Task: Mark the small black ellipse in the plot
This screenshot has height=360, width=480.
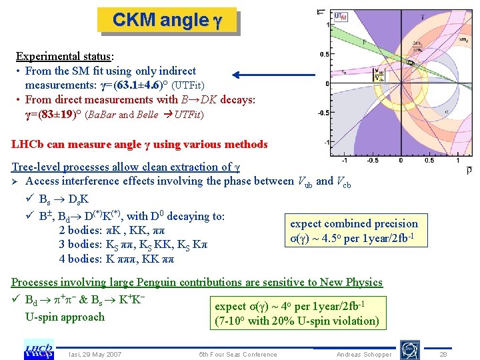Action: pyautogui.click(x=411, y=63)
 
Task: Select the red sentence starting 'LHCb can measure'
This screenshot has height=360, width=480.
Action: pyautogui.click(x=139, y=145)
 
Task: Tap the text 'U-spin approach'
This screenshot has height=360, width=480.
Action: pyautogui.click(x=65, y=317)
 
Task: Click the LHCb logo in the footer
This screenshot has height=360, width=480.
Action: pyautogui.click(x=39, y=349)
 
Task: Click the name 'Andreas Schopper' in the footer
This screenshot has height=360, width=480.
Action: pyautogui.click(x=364, y=355)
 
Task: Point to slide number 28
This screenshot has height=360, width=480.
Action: pyautogui.click(x=443, y=355)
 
